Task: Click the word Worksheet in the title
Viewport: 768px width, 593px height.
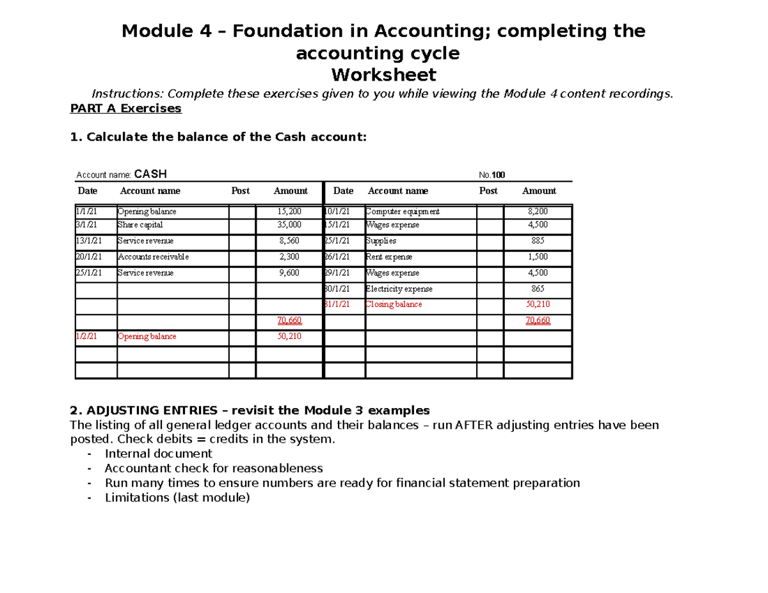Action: [383, 75]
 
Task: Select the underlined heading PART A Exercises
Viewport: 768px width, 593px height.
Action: [125, 109]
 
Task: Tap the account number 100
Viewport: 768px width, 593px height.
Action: [499, 175]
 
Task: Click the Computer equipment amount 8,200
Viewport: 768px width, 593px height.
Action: [538, 212]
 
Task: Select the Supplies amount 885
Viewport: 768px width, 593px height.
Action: [538, 241]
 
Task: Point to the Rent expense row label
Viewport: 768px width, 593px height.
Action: [388, 257]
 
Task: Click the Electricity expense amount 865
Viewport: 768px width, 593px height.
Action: [538, 289]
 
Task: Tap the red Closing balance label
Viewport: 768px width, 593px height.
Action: [394, 304]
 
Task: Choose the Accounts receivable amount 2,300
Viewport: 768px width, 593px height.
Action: [290, 257]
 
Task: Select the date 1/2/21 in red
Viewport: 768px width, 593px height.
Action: [85, 336]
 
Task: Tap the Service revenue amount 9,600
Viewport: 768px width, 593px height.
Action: [290, 273]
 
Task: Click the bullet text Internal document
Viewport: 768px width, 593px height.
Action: [158, 454]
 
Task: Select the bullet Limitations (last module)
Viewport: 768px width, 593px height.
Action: [177, 498]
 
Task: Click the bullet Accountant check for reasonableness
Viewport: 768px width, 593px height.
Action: [214, 468]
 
